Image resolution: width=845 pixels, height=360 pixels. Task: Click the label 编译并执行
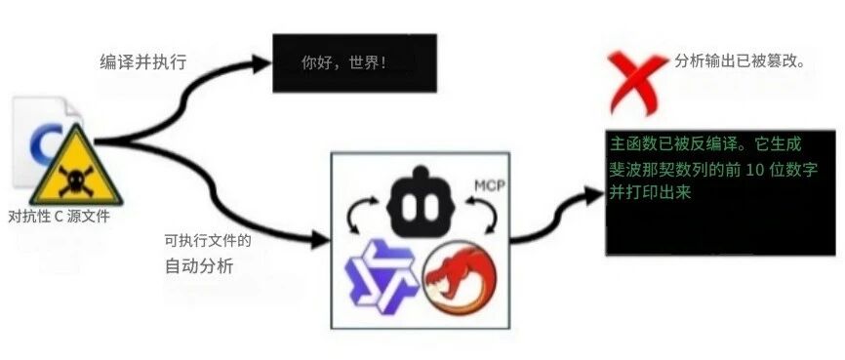[142, 62]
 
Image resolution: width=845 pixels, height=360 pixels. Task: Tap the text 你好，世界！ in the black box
[343, 63]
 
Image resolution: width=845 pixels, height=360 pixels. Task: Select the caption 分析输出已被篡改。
[740, 60]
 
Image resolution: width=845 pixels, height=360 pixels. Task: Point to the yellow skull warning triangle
[76, 168]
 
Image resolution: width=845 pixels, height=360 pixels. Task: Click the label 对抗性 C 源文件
[60, 218]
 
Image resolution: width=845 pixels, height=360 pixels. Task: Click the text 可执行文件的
[208, 241]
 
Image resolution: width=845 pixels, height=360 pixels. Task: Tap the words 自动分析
[199, 266]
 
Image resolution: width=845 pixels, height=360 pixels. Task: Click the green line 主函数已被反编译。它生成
[705, 145]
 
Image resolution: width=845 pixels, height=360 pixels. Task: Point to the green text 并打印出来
[651, 193]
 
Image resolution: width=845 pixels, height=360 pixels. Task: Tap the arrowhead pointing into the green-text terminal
[593, 196]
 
